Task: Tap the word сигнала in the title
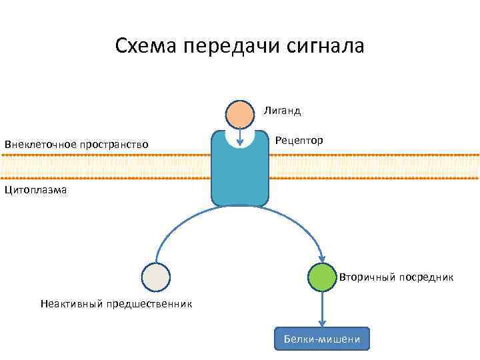(329, 46)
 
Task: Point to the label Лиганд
(282, 111)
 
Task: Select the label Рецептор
(299, 141)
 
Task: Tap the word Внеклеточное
(40, 144)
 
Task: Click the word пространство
(113, 144)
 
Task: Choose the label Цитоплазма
(35, 191)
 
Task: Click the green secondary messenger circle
(323, 277)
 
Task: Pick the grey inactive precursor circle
(156, 277)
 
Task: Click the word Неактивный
(70, 304)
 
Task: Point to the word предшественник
(148, 304)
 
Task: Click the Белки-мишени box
(322, 339)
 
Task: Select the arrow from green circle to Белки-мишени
(323, 308)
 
